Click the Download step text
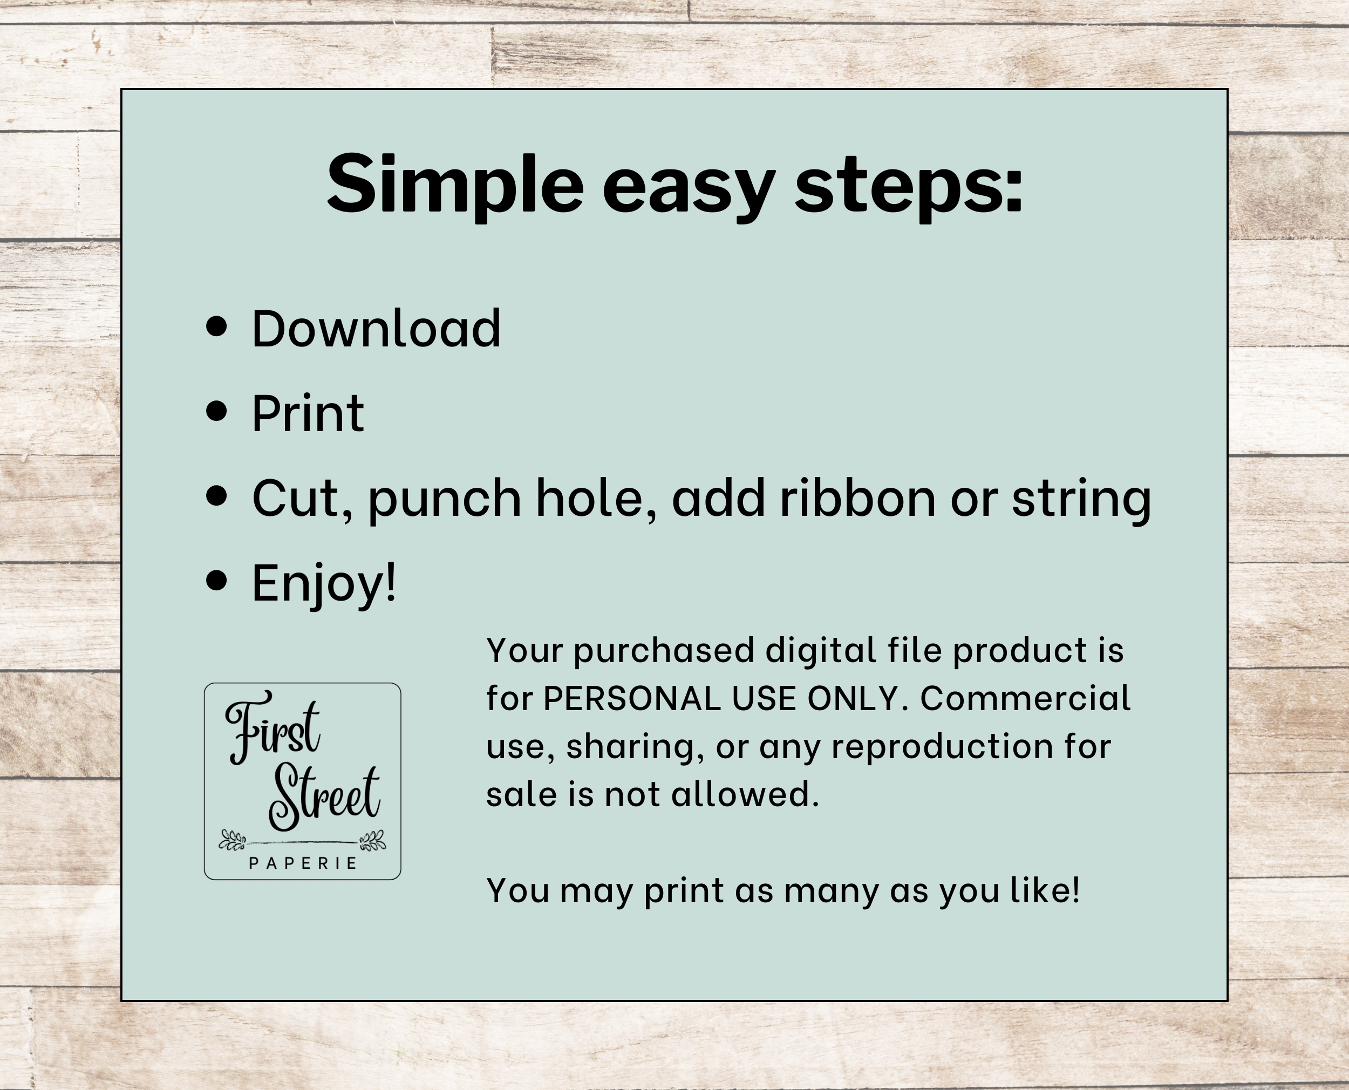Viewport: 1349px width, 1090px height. [376, 329]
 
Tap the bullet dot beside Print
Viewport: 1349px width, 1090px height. [216, 411]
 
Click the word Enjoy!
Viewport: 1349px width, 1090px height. [324, 584]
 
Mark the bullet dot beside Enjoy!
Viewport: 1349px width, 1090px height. [216, 581]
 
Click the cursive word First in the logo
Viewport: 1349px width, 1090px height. [273, 727]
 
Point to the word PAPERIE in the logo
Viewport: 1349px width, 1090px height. [303, 863]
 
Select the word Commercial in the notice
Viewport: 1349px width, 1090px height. [1025, 698]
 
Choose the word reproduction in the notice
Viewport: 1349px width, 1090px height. [942, 748]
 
